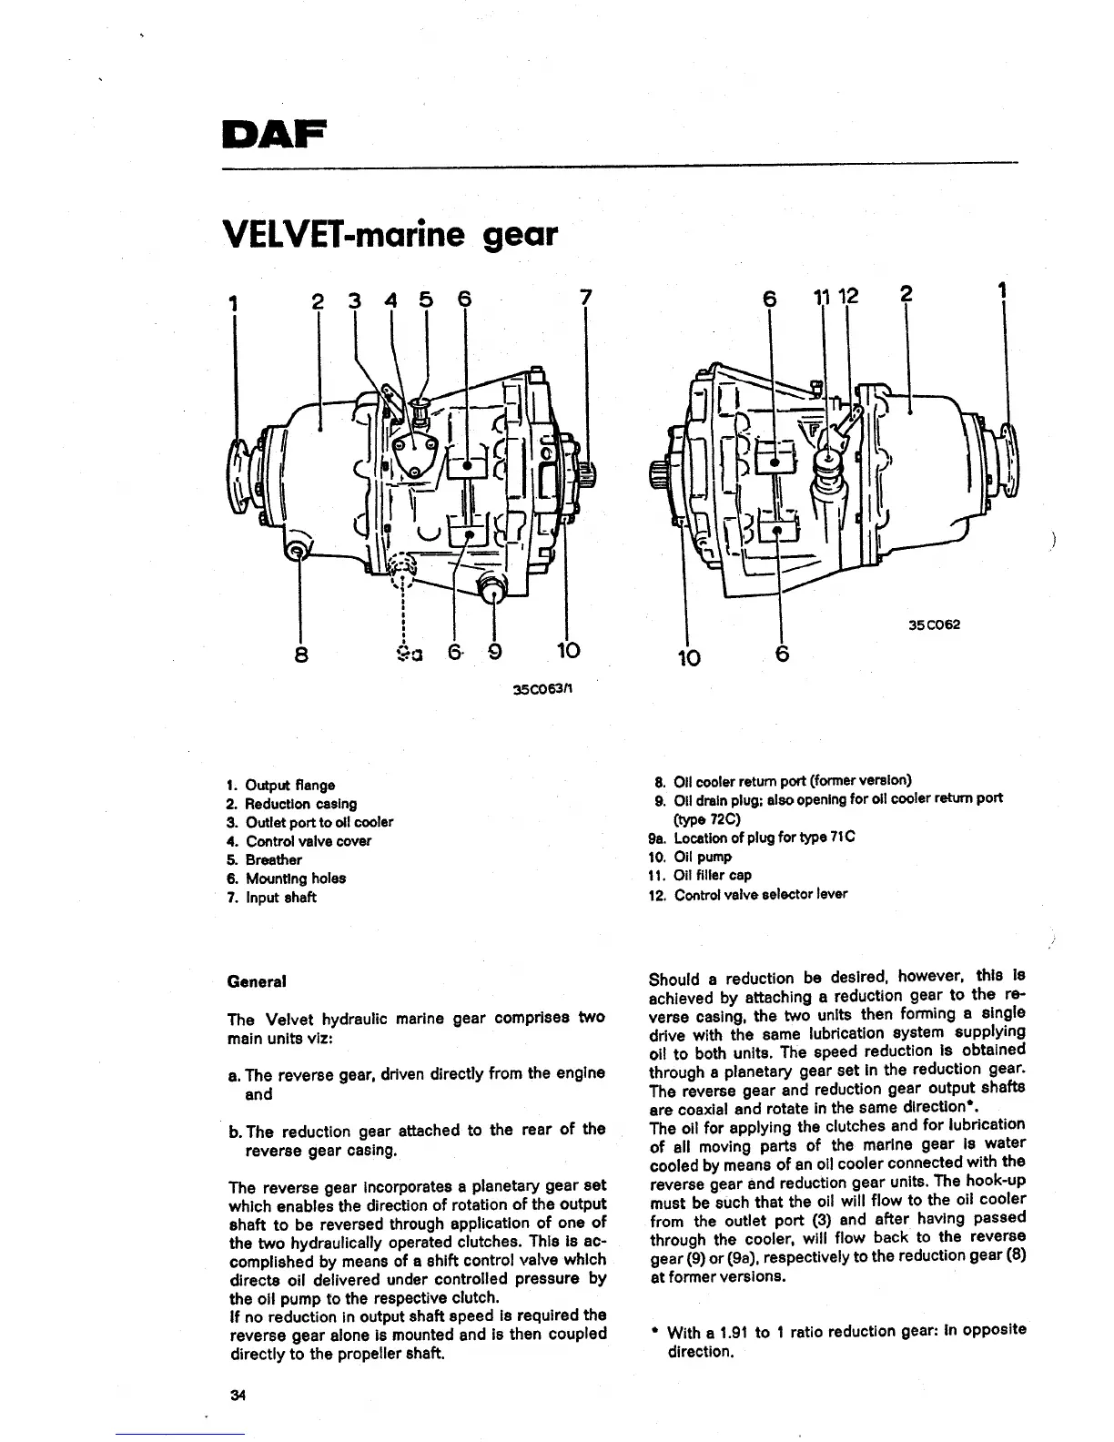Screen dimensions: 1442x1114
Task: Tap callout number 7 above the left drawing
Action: (585, 298)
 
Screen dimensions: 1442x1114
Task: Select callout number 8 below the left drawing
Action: (301, 654)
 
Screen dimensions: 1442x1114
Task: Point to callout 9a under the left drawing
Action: (406, 652)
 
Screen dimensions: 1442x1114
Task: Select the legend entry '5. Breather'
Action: (264, 859)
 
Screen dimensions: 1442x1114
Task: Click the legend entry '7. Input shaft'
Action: (271, 898)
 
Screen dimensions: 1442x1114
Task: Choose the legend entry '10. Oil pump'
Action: (690, 857)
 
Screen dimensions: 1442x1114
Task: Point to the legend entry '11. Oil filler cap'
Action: (700, 875)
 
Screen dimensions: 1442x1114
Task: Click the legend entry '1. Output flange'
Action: (280, 785)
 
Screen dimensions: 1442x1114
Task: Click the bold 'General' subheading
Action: (257, 981)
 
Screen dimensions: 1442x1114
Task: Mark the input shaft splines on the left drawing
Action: (588, 472)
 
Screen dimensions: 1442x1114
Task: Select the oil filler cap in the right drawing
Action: (829, 462)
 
